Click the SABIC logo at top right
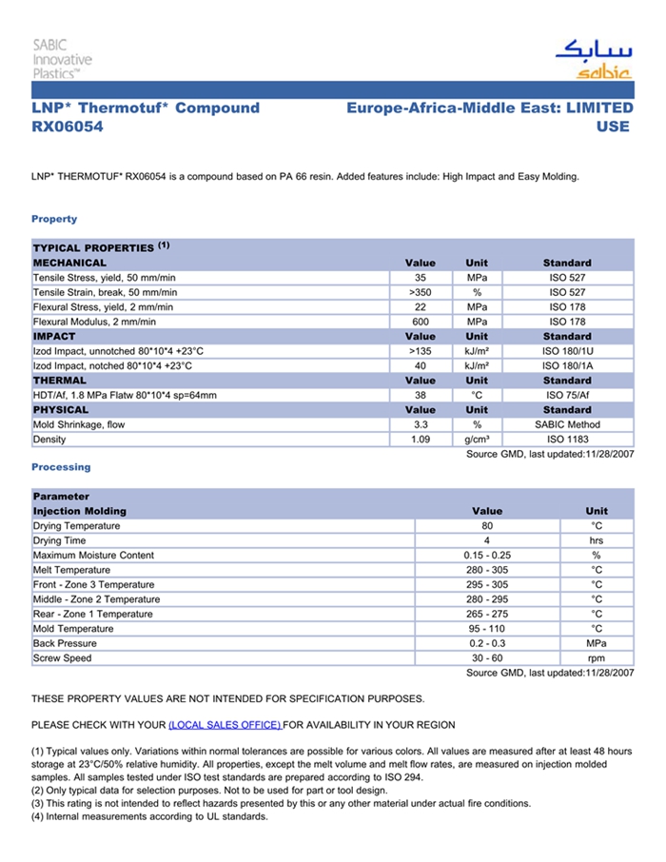pyautogui.click(x=593, y=58)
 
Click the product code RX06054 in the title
pyautogui.click(x=68, y=127)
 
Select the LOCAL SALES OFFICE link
pyautogui.click(x=225, y=725)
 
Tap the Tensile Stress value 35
pyautogui.click(x=421, y=278)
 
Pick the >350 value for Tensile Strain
pyautogui.click(x=421, y=292)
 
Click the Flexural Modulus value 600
pyautogui.click(x=421, y=322)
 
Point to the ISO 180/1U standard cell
pyautogui.click(x=567, y=351)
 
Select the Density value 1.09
pyautogui.click(x=421, y=440)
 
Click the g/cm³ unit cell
pyautogui.click(x=477, y=440)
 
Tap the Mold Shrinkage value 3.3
pyautogui.click(x=421, y=424)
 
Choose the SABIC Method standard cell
pyautogui.click(x=567, y=424)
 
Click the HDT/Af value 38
pyautogui.click(x=421, y=395)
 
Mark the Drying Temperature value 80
pyautogui.click(x=487, y=526)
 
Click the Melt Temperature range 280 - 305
pyautogui.click(x=487, y=570)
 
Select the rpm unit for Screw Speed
pyautogui.click(x=597, y=658)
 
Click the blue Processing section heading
pyautogui.click(x=61, y=467)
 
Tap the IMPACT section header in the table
pyautogui.click(x=54, y=336)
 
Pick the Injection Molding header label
pyautogui.click(x=80, y=511)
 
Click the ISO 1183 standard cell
pyautogui.click(x=567, y=440)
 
